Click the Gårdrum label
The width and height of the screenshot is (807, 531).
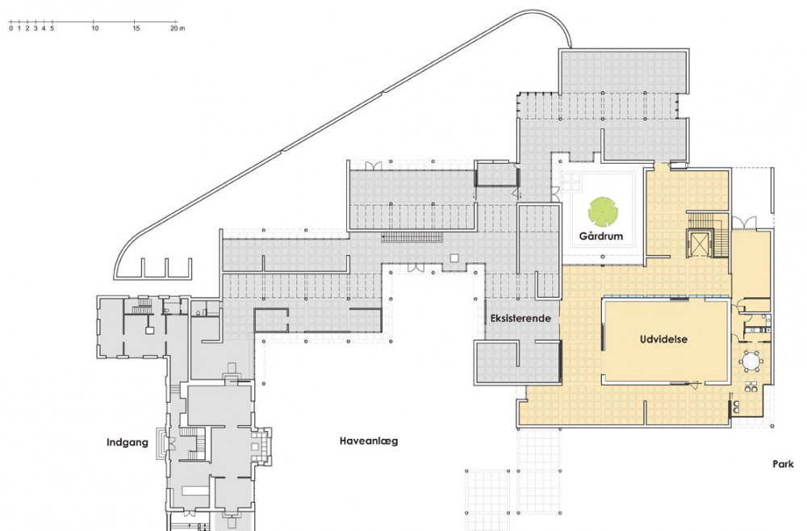600,236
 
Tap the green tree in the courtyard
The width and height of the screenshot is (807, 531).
603,211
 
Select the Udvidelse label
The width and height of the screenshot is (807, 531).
663,339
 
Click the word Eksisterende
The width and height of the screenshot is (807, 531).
521,318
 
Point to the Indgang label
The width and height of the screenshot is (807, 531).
128,442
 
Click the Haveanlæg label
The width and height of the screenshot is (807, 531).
369,441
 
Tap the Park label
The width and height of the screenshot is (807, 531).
783,464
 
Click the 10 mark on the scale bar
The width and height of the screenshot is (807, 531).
94,28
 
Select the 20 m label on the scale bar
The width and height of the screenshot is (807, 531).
178,28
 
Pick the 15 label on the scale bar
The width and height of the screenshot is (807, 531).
136,28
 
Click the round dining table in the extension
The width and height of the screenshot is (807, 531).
751,361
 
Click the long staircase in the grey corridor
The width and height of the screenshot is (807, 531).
412,237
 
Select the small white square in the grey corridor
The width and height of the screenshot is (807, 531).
454,258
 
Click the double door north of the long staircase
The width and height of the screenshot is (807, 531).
373,165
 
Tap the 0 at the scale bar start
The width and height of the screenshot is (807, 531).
10,28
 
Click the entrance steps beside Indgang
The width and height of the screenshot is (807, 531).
163,443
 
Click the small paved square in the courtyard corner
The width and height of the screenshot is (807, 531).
572,182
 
